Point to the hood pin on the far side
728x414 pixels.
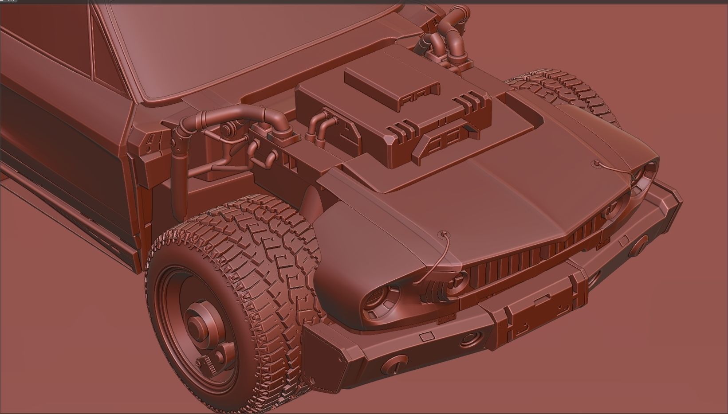[x=597, y=163]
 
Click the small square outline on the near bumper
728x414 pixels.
[x=426, y=336]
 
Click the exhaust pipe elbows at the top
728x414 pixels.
[x=448, y=31]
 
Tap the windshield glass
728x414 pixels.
[x=231, y=40]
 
